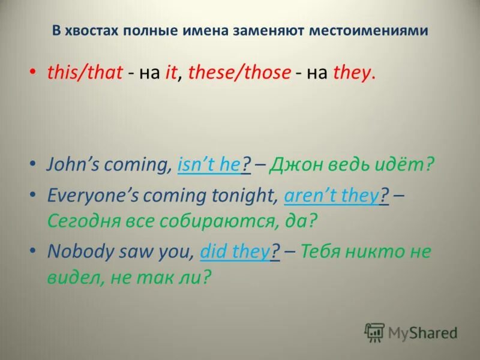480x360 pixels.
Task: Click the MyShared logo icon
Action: click(x=374, y=332)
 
